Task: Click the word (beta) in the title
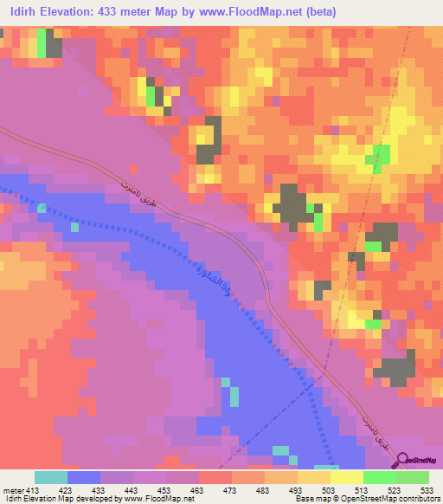pyautogui.click(x=315, y=11)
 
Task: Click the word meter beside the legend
pyautogui.click(x=12, y=491)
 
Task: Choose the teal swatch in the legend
pyautogui.click(x=51, y=477)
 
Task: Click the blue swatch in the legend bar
pyautogui.click(x=84, y=477)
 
